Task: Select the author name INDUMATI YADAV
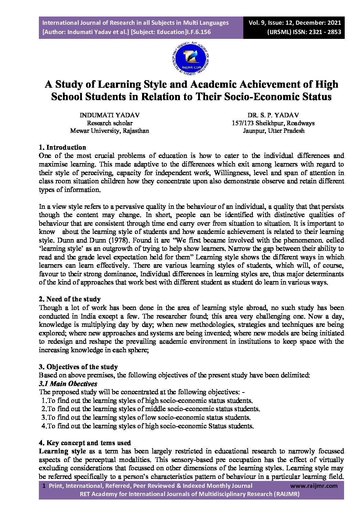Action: click(x=109, y=115)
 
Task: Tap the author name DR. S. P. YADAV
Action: click(x=273, y=115)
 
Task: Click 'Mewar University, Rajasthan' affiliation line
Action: click(x=109, y=131)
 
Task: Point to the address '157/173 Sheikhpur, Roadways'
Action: click(x=273, y=123)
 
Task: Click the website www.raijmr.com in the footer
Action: click(x=314, y=486)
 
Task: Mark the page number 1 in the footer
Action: click(x=44, y=486)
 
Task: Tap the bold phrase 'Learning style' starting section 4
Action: click(x=62, y=451)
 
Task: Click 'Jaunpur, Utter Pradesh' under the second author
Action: click(x=273, y=131)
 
